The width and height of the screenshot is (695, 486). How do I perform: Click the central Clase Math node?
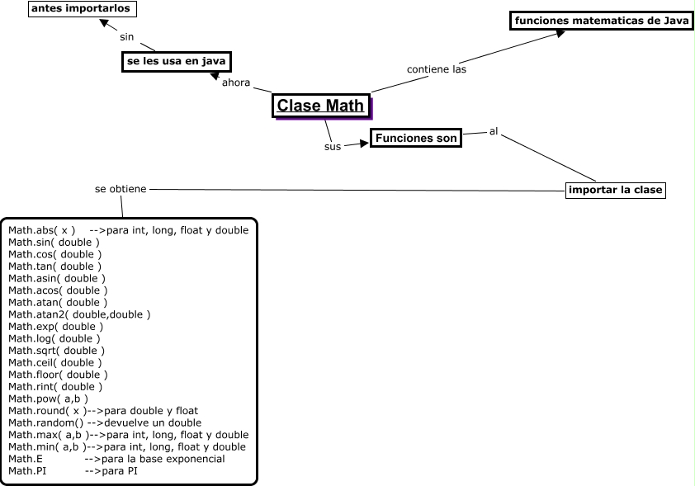click(x=320, y=106)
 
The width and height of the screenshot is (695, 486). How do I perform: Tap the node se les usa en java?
click(x=176, y=62)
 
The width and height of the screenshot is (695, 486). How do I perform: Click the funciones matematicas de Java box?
click(x=602, y=21)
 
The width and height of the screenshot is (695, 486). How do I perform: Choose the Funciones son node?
click(x=415, y=139)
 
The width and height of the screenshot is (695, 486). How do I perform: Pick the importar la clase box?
click(x=616, y=190)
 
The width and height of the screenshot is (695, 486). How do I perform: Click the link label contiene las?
click(x=437, y=69)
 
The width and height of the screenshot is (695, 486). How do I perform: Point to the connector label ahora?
click(x=236, y=83)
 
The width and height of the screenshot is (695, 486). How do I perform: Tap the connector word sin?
click(x=126, y=36)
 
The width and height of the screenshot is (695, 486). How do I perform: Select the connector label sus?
click(x=332, y=147)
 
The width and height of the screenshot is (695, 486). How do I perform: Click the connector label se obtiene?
click(x=121, y=189)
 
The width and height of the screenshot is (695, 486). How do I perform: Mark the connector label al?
click(x=494, y=130)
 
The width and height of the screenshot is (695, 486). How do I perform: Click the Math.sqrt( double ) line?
click(x=55, y=351)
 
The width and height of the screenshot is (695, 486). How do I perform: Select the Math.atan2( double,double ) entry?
click(x=79, y=314)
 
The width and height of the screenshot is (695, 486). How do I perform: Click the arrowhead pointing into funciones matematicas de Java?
click(x=560, y=33)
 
